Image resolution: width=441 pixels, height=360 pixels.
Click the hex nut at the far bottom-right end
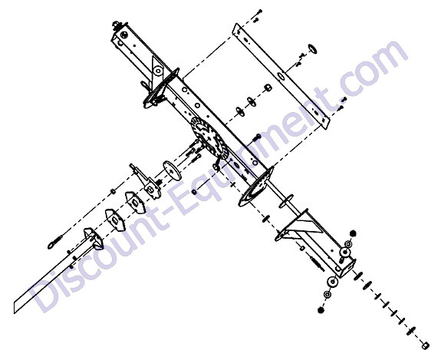[426, 345]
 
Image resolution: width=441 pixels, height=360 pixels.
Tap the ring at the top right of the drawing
[312, 48]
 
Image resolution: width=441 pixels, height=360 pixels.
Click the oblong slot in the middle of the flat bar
[281, 76]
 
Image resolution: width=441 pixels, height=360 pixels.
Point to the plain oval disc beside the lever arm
[172, 170]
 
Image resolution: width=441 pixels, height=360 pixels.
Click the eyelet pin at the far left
[55, 243]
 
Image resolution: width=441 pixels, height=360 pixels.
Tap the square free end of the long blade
[18, 307]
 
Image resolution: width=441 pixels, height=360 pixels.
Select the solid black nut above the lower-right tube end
[353, 233]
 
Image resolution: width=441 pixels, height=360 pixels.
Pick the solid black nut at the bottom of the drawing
[321, 309]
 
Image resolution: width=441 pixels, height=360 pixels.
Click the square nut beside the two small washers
[268, 87]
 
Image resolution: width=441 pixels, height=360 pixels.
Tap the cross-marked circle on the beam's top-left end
[123, 35]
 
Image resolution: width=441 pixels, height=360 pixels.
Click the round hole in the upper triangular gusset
[158, 71]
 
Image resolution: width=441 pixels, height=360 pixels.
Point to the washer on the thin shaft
[286, 201]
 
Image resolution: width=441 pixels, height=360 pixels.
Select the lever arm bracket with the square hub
[146, 181]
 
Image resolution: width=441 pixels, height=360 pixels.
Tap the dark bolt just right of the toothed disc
[258, 137]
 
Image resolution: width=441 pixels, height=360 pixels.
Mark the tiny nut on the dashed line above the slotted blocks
[113, 191]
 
